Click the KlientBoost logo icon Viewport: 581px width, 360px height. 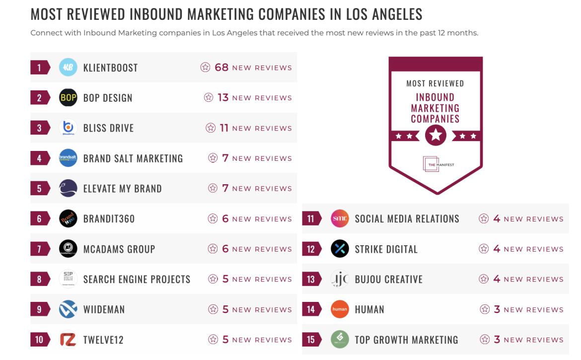pos(68,68)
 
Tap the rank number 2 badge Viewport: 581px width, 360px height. pos(40,98)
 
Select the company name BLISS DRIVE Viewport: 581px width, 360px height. pos(108,128)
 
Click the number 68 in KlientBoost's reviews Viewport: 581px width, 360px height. pos(221,68)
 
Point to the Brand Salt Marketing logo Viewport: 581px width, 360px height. pos(68,158)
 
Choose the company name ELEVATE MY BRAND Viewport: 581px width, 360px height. pos(122,189)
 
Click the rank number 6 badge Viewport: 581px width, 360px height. pos(40,219)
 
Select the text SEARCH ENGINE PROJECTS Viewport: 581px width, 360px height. pos(137,280)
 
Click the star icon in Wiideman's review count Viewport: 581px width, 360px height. pos(213,309)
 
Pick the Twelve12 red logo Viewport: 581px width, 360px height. pos(68,340)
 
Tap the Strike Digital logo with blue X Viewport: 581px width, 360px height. pos(340,249)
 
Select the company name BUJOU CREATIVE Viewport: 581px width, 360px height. pos(388,280)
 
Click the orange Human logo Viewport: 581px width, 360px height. pos(340,310)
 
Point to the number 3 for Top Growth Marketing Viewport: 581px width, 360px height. pos(497,340)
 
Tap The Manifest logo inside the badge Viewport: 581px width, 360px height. pos(432,164)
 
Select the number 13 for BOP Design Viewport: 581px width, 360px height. pos(223,98)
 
